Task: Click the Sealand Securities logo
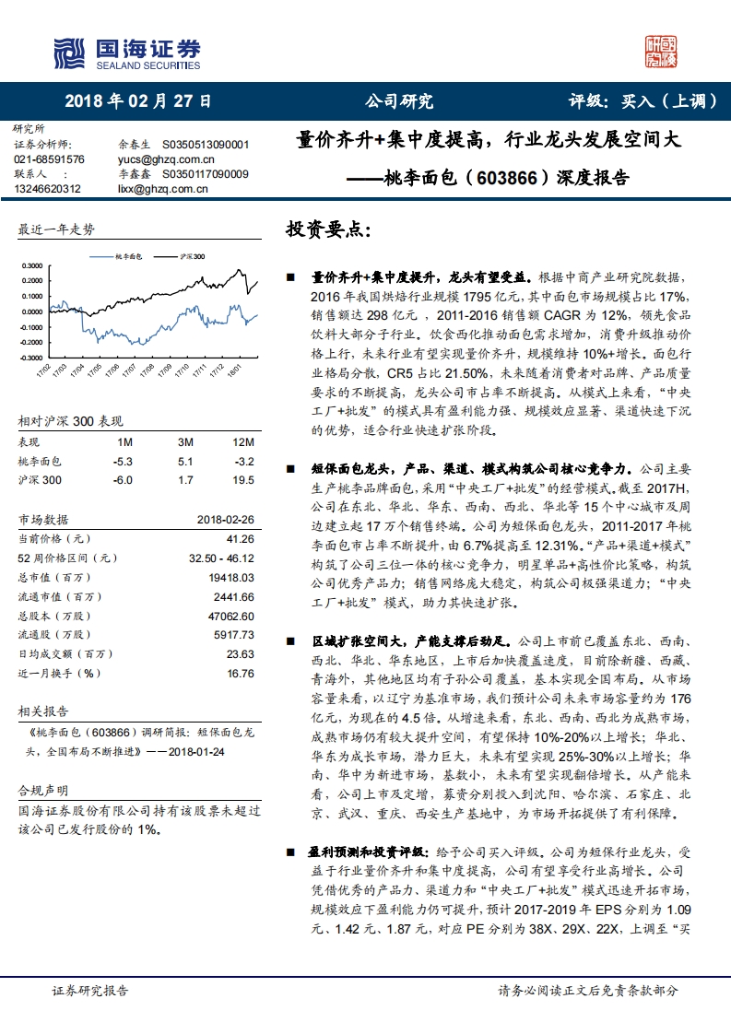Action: click(x=126, y=53)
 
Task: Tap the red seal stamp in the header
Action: click(x=660, y=52)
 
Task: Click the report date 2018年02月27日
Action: click(x=138, y=101)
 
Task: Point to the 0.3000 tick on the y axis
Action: click(x=30, y=265)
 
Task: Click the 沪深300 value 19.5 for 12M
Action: click(x=243, y=480)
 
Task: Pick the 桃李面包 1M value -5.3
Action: click(x=123, y=462)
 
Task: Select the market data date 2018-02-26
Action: click(x=225, y=519)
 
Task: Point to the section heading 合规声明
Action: click(x=44, y=790)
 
